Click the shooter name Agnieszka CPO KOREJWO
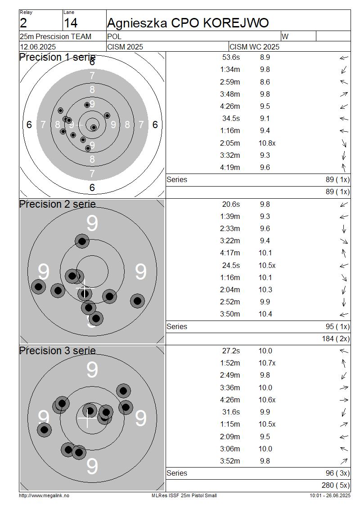click(188, 23)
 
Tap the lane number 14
click(71, 23)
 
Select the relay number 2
click(23, 23)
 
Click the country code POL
click(114, 36)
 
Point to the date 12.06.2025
click(38, 47)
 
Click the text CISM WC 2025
click(254, 47)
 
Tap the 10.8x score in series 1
click(267, 143)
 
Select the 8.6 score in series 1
click(265, 82)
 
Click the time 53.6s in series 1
click(231, 58)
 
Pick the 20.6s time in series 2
click(231, 205)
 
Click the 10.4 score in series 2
click(265, 314)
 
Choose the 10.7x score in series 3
click(267, 363)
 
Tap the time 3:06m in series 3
click(230, 449)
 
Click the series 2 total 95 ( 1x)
click(337, 326)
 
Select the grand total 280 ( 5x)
click(336, 486)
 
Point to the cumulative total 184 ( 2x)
click(336, 339)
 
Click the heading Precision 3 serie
click(58, 351)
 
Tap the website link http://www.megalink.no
click(44, 496)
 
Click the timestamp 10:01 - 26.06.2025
click(330, 496)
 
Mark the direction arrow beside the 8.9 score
click(344, 58)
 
